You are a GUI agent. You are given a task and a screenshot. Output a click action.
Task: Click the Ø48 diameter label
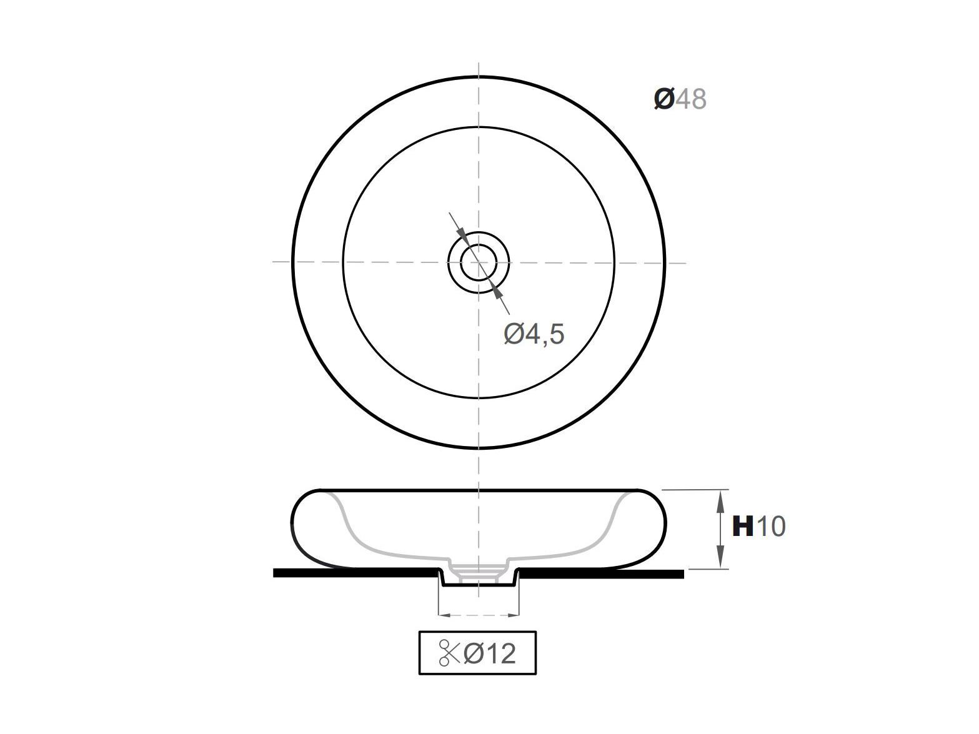point(680,99)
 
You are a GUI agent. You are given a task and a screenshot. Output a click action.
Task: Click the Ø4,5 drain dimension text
point(534,334)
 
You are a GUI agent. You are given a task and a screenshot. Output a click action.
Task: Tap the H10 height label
point(758,526)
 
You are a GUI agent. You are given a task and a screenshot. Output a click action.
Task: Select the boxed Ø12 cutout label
point(477,653)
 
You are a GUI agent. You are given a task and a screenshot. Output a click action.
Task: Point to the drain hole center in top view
point(479,262)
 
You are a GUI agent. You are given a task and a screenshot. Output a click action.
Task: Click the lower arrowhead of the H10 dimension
point(720,560)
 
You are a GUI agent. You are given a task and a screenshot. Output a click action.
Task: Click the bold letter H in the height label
point(743,526)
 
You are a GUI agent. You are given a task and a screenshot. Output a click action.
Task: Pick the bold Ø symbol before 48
point(663,99)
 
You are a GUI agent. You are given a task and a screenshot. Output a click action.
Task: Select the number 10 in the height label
point(771,526)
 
